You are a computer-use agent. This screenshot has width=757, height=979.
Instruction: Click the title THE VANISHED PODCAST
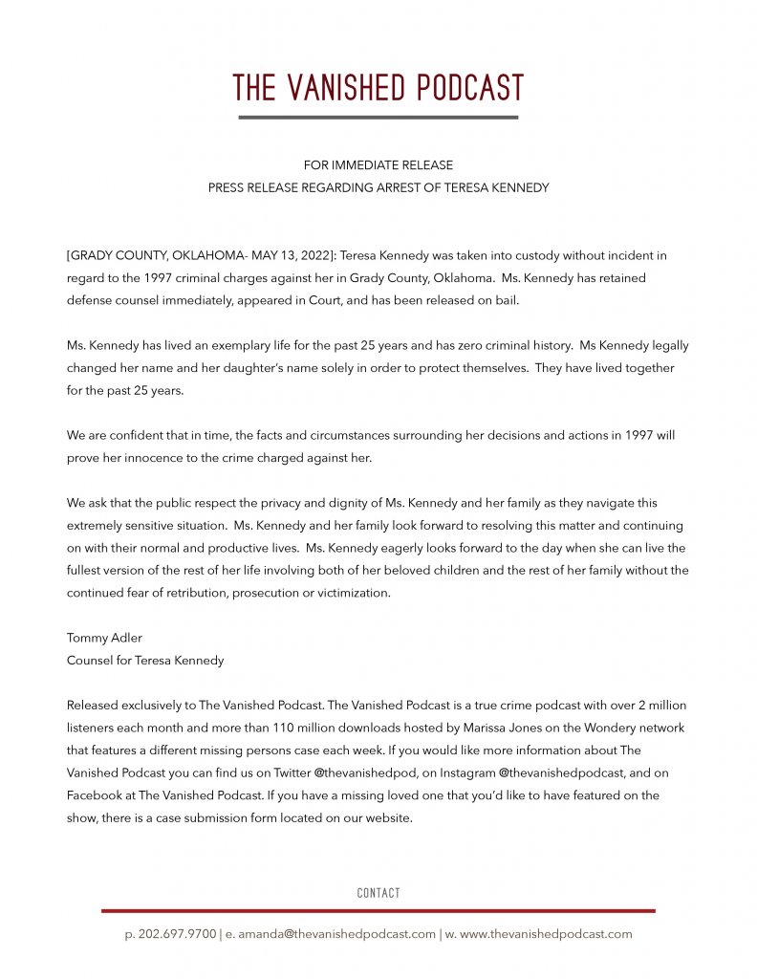coord(378,88)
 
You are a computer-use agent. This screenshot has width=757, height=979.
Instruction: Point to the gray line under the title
coord(378,118)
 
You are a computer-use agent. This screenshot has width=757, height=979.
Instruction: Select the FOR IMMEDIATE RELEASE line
coord(378,165)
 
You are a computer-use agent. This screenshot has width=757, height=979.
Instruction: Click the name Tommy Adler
coord(102,638)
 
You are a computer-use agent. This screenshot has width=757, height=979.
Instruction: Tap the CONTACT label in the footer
coord(378,893)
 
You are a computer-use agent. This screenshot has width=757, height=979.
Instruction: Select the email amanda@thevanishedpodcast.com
coord(335,934)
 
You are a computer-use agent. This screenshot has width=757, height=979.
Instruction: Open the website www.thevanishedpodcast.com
coord(546,934)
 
